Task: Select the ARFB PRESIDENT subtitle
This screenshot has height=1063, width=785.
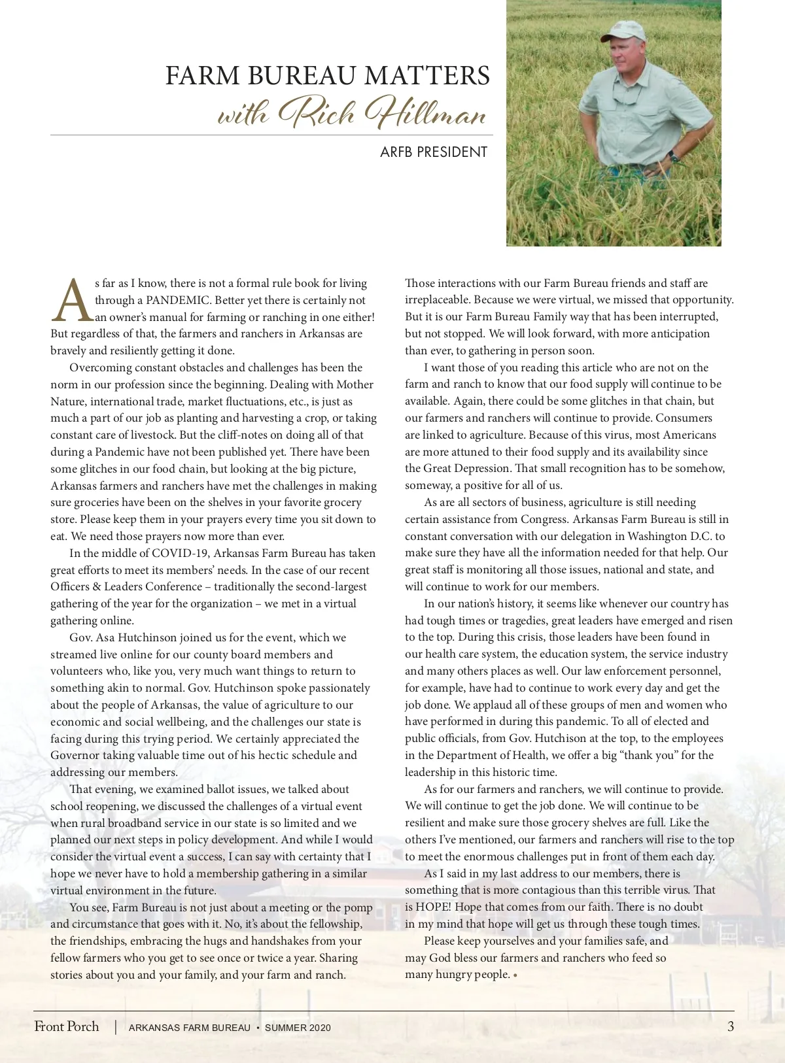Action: pos(434,152)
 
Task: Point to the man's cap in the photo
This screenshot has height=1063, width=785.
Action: pos(622,31)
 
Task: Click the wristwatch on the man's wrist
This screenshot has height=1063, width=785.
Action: pos(672,157)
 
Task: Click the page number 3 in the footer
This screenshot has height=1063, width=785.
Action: pos(730,1026)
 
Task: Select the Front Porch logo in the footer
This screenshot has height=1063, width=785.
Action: pos(67,1026)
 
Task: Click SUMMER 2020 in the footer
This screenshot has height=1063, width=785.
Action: pos(298,1028)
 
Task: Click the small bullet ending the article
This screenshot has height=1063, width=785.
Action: pos(515,975)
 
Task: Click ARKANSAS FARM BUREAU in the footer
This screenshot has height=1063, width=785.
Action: pos(190,1028)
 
